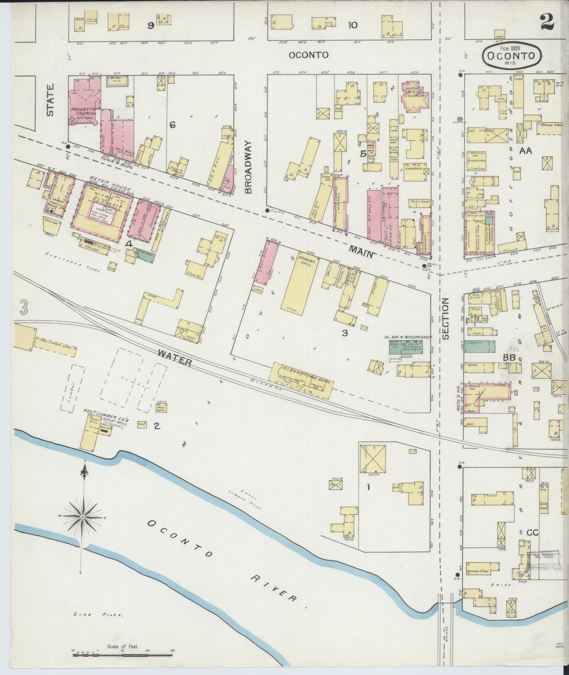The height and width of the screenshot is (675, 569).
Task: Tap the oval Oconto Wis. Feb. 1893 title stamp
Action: [512, 56]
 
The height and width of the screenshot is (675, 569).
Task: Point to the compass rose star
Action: [82, 516]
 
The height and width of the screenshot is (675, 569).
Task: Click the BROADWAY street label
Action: [248, 168]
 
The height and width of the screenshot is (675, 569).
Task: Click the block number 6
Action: [172, 125]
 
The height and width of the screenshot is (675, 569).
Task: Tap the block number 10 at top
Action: [352, 25]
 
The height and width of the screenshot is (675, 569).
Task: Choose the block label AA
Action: [525, 150]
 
